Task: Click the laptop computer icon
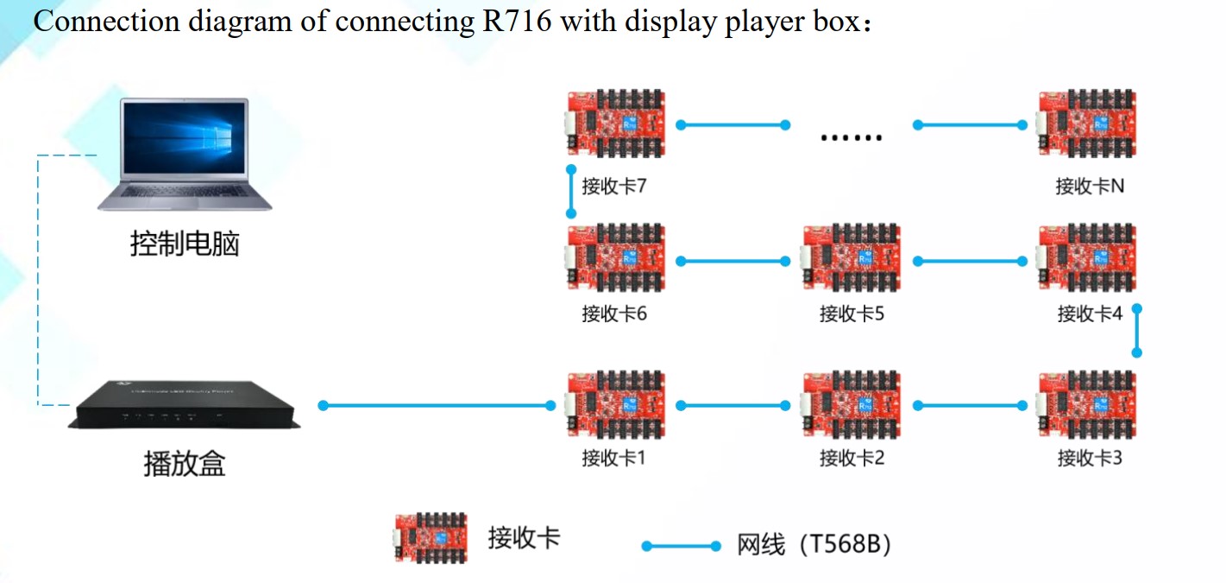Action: pyautogui.click(x=184, y=154)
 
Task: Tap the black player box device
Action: pyautogui.click(x=184, y=406)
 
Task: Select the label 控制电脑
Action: pyautogui.click(x=184, y=244)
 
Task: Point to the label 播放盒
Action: pyautogui.click(x=184, y=464)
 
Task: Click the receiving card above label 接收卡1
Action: pyautogui.click(x=614, y=404)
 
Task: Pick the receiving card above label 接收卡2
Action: pyautogui.click(x=851, y=404)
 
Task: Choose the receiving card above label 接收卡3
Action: pyautogui.click(x=1087, y=404)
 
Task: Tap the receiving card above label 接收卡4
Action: pyautogui.click(x=1087, y=259)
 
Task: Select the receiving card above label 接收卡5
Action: pyautogui.click(x=851, y=259)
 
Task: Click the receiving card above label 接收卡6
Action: pyautogui.click(x=614, y=259)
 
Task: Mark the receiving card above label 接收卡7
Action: pyautogui.click(x=614, y=124)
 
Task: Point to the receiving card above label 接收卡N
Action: pyautogui.click(x=1087, y=124)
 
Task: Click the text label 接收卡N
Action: pyautogui.click(x=1090, y=186)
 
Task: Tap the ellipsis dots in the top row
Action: pyautogui.click(x=851, y=136)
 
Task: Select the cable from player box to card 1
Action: pyautogui.click(x=436, y=405)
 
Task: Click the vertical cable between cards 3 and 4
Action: pyautogui.click(x=1137, y=330)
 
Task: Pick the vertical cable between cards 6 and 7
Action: pyautogui.click(x=570, y=192)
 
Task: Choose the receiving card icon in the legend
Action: pyautogui.click(x=431, y=537)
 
